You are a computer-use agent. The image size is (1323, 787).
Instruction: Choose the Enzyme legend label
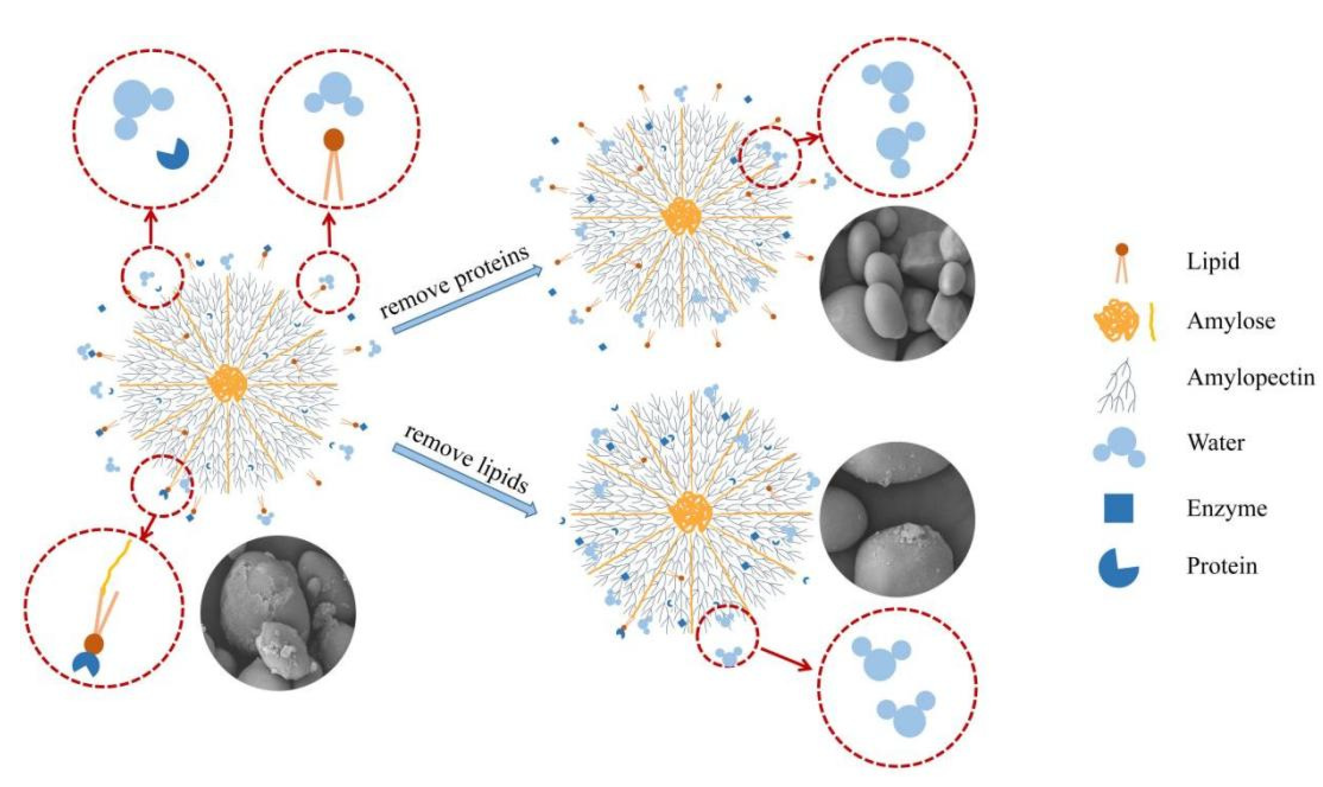click(1226, 508)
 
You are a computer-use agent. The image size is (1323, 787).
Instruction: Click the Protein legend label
click(1222, 566)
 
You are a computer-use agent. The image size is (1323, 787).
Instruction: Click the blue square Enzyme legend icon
click(1118, 508)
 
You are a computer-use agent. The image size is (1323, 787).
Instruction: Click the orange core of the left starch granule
click(228, 383)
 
